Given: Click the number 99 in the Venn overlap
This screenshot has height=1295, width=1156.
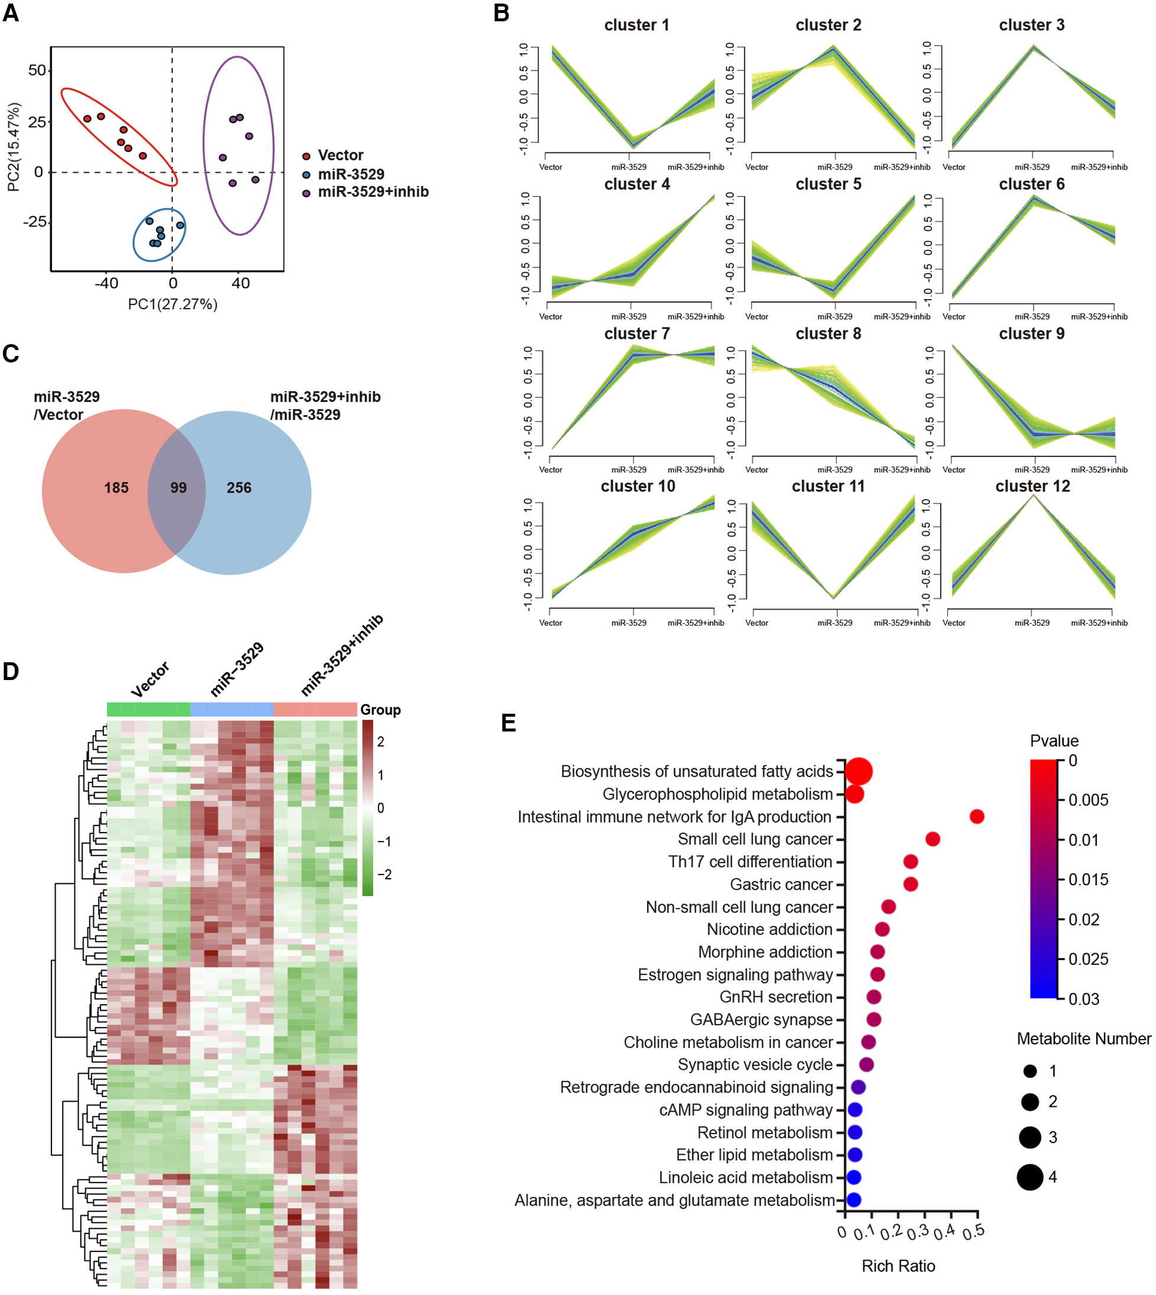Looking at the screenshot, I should [179, 488].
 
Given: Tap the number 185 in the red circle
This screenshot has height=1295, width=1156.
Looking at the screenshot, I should [116, 488].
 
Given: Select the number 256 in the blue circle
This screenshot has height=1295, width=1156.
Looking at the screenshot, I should [239, 488].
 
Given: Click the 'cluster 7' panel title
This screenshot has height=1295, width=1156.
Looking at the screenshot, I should [636, 334].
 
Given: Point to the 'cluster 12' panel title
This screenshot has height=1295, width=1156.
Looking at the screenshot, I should [1032, 486].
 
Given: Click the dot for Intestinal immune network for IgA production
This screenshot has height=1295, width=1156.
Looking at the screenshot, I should [977, 816].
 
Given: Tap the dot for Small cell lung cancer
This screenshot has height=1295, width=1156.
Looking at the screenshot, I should [932, 839].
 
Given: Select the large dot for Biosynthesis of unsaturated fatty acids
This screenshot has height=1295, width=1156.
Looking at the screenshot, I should [859, 772].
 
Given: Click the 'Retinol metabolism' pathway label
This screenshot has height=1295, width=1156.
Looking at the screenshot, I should [765, 1132].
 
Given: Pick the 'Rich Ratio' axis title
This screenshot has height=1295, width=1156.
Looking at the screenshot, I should [898, 1266].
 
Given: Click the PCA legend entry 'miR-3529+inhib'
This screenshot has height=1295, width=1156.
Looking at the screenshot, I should [373, 192].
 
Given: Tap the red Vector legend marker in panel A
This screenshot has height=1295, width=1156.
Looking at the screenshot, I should [306, 156].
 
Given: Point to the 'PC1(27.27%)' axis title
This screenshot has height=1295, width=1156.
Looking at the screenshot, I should [173, 304].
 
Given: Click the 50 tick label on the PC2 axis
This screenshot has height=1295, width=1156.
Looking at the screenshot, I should [37, 70].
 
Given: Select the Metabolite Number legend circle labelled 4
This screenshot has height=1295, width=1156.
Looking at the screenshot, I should [1029, 1177].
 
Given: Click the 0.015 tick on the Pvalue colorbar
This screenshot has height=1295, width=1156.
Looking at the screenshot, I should [1087, 880].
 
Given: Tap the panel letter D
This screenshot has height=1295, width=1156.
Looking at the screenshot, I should [11, 672].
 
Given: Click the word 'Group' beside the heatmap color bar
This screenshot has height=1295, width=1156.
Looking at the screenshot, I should [380, 710].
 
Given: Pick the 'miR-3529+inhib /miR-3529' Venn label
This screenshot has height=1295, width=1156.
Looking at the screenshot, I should [325, 405].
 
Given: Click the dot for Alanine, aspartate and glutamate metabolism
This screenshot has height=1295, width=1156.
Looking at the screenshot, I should [854, 1200].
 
